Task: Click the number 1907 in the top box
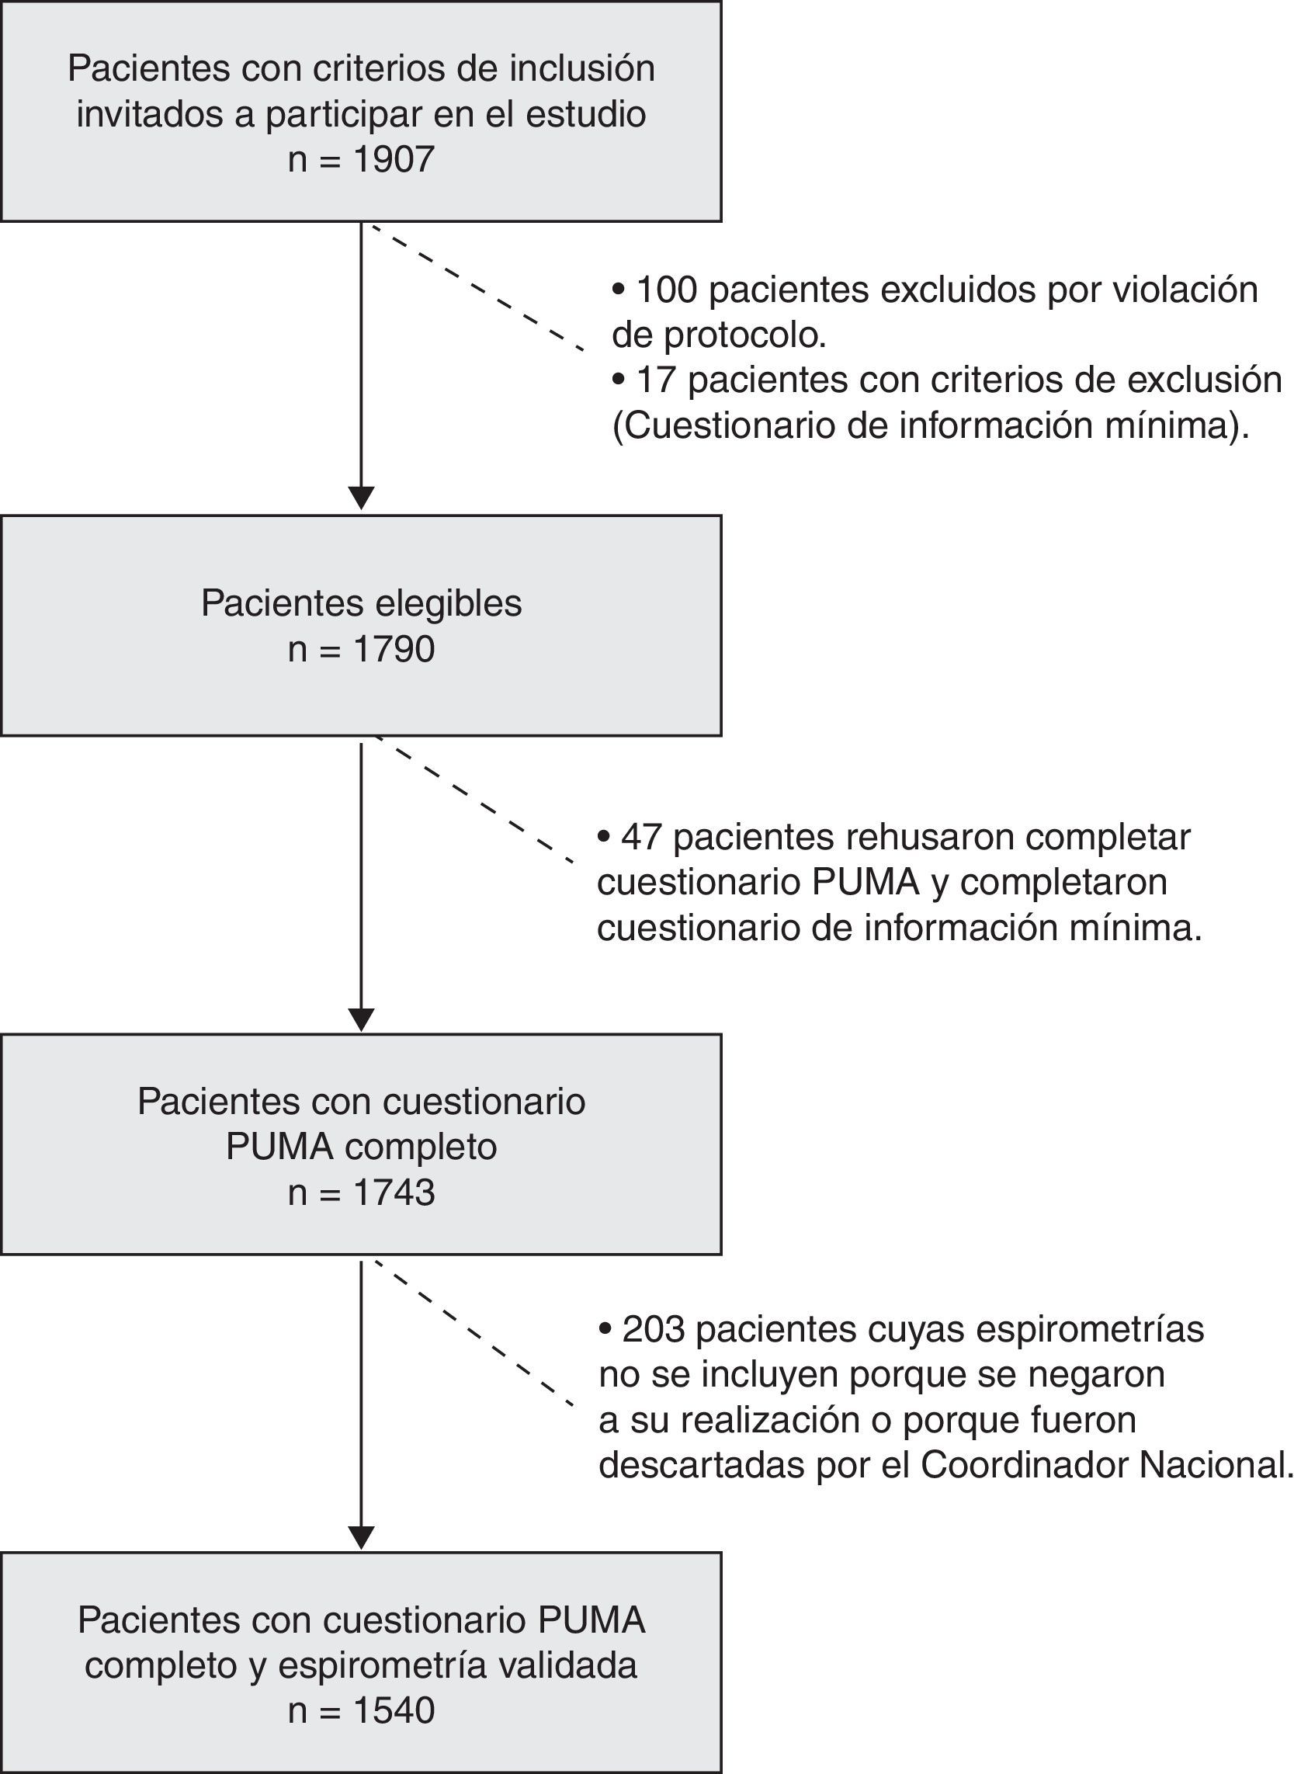tap(394, 160)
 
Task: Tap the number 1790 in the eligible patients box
tap(394, 649)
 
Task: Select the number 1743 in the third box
tap(394, 1193)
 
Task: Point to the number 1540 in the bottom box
tap(394, 1710)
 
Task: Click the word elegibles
tap(448, 604)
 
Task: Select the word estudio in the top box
tap(585, 114)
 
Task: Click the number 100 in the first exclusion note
tap(667, 290)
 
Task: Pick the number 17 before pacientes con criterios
tap(656, 380)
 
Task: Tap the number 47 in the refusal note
tap(641, 837)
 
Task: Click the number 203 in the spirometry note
tap(654, 1330)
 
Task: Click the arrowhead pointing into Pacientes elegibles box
tap(361, 498)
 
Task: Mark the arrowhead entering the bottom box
tap(361, 1537)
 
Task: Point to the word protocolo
tap(745, 335)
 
